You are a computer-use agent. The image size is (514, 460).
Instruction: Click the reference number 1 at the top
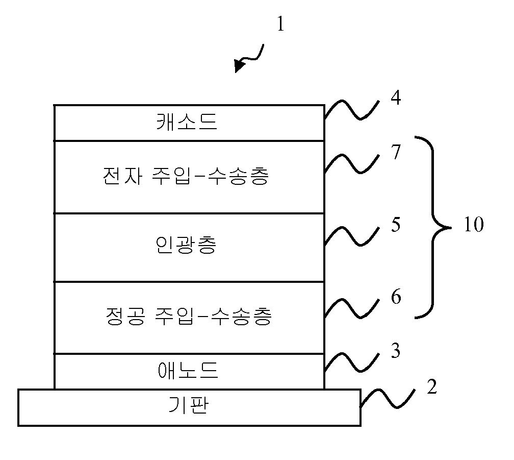click(280, 24)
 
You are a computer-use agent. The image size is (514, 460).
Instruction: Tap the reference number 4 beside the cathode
click(396, 98)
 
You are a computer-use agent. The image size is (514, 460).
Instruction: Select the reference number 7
click(396, 152)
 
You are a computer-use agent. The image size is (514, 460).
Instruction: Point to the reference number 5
click(396, 225)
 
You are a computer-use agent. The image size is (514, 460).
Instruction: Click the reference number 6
click(396, 297)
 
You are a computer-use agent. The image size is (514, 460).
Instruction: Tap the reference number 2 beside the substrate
click(431, 388)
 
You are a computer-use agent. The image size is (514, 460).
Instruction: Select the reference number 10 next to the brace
click(473, 225)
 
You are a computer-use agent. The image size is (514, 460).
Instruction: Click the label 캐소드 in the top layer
click(187, 123)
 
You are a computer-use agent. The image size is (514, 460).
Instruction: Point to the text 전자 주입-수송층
click(185, 176)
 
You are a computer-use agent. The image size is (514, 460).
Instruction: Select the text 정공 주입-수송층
click(187, 316)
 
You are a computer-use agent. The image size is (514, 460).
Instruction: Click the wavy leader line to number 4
click(352, 110)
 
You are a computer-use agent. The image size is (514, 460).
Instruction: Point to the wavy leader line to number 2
click(388, 399)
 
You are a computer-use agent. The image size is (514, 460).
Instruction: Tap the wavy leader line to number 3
click(352, 362)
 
